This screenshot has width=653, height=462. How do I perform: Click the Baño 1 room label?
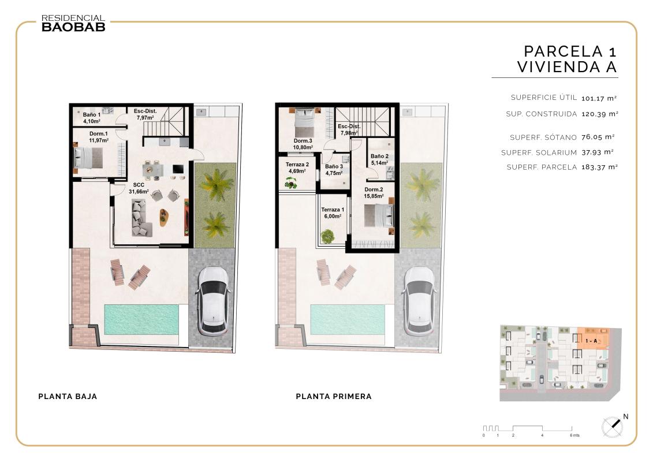point(91,118)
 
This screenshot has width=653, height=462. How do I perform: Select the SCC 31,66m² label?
point(139,188)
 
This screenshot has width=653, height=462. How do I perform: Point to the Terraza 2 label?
point(297,167)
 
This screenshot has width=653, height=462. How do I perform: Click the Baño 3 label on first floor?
point(334,170)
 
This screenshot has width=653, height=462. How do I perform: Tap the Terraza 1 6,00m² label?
point(332,213)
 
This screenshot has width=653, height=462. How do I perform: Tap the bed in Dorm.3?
point(304,120)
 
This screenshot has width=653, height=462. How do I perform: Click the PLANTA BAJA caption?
point(68,397)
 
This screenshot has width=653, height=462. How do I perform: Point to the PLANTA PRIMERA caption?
point(334,397)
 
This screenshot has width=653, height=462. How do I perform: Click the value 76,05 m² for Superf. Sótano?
point(600,137)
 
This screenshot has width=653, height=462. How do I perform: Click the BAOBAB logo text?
point(73,27)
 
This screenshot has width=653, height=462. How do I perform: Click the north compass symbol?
point(614,426)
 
